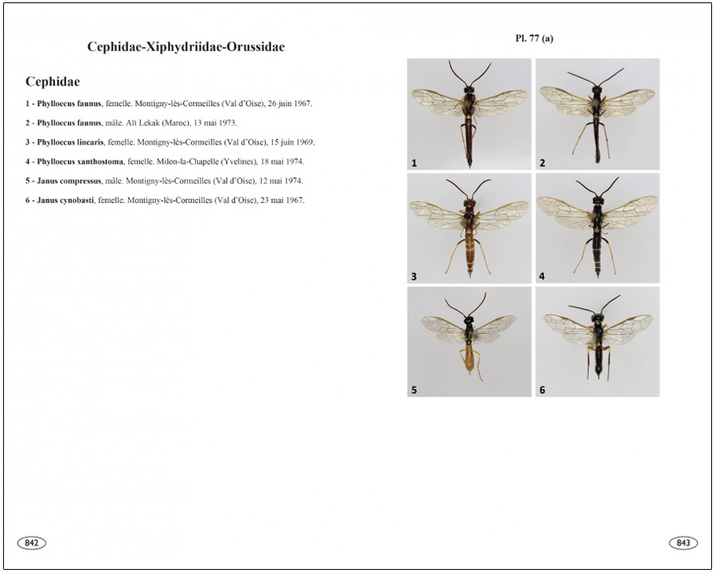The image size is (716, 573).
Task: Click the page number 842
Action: point(32,543)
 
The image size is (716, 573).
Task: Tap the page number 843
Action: point(683,543)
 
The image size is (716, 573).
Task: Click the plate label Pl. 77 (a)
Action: point(534,38)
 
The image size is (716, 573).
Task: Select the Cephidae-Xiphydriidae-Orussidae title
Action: point(186,47)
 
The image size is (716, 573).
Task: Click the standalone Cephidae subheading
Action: point(53,82)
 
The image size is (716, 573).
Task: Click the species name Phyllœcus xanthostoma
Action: point(80,162)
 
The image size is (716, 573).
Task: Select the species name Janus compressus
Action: point(69,181)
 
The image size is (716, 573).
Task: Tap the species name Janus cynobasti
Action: point(65,200)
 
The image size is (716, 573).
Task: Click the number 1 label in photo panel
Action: point(414,163)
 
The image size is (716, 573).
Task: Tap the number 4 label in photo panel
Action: point(542,276)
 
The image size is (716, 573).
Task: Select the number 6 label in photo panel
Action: point(542,390)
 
